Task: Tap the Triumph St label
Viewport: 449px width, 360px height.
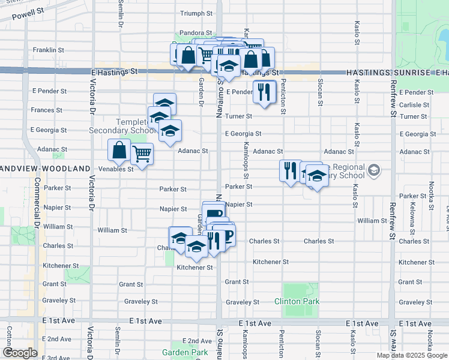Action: click(x=197, y=13)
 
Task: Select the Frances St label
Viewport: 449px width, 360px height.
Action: click(x=46, y=110)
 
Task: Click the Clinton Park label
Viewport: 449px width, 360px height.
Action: click(x=297, y=301)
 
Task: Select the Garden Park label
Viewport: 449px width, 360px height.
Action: click(x=184, y=352)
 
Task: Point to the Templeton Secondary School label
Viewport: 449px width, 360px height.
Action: click(x=124, y=126)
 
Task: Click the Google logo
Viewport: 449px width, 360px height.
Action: click(x=20, y=352)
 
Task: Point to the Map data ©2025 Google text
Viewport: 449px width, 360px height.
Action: click(x=411, y=355)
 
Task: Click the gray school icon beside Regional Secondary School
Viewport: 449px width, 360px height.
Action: click(x=374, y=171)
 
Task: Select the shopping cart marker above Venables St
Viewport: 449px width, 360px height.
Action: click(x=142, y=155)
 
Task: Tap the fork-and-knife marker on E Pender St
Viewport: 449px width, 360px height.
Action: click(x=264, y=91)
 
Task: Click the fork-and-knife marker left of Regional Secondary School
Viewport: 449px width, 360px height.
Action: click(x=291, y=170)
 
